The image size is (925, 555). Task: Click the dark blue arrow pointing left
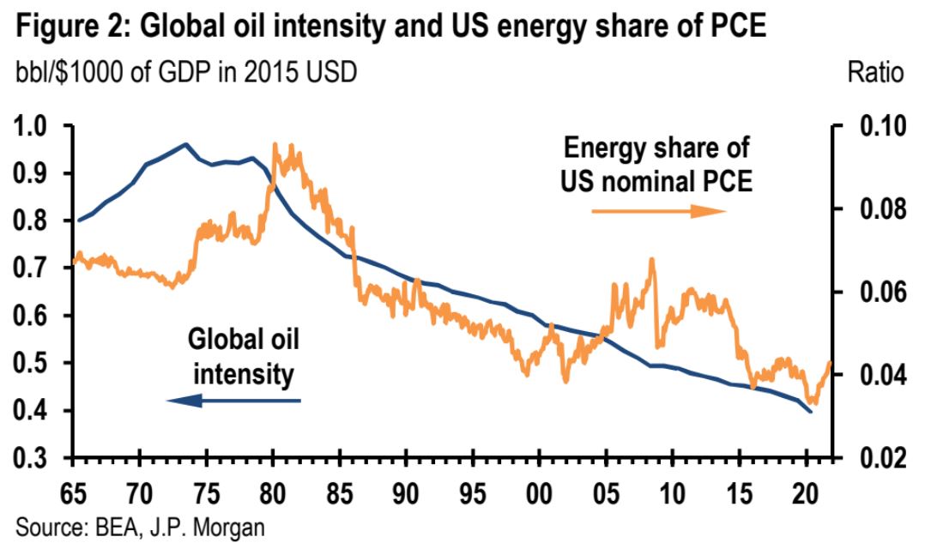point(233,400)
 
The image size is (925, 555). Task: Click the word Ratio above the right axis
point(875,73)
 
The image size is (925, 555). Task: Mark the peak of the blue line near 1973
point(185,144)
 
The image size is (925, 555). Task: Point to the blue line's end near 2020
point(810,412)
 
